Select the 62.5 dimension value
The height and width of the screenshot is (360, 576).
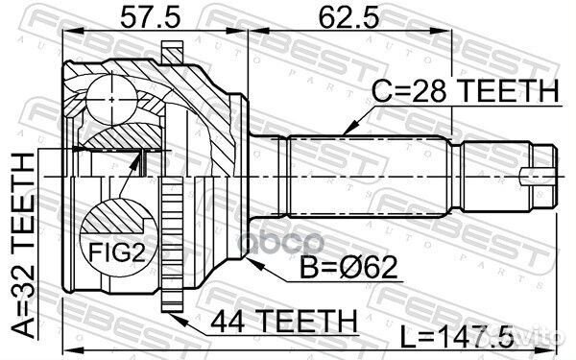pos(339,16)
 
